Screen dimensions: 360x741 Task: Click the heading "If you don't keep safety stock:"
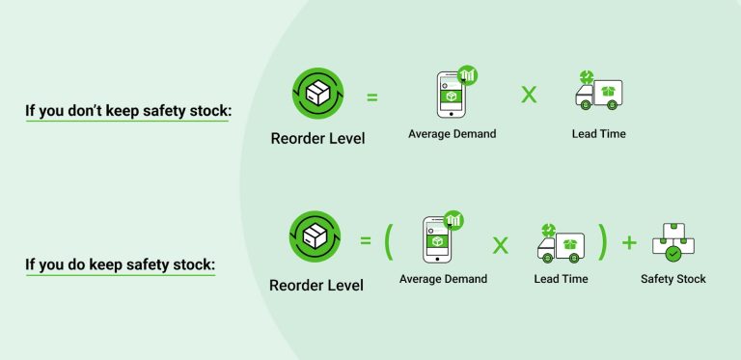coord(128,111)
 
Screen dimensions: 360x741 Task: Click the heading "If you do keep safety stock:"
coord(120,262)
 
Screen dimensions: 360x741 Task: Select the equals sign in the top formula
coord(371,97)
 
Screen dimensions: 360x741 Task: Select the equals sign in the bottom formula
coord(366,238)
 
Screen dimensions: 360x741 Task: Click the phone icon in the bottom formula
coord(439,237)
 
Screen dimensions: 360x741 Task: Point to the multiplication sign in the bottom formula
coord(500,243)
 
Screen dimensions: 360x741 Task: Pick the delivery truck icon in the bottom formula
coord(561,244)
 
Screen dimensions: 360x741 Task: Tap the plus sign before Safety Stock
coord(629,241)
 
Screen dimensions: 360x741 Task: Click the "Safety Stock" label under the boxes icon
coord(673,280)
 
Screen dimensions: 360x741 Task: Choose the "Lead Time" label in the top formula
coord(598,134)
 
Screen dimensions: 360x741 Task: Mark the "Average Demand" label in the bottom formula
coord(443,280)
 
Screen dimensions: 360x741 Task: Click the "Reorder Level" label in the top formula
coord(317,139)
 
